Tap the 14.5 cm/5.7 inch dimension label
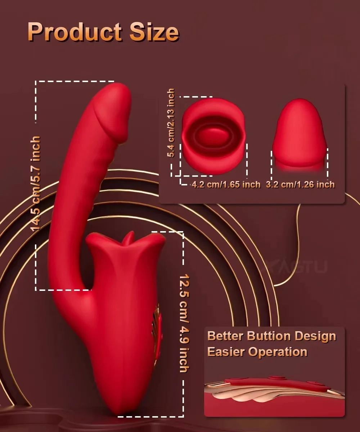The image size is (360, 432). tap(36, 184)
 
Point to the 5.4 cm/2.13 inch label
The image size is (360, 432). tap(170, 123)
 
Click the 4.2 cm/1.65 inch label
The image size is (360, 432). tap(226, 185)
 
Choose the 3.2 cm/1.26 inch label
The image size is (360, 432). tap(300, 185)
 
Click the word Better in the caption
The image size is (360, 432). tap(225, 336)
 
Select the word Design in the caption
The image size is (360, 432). tap(315, 336)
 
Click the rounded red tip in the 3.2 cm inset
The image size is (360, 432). tap(300, 112)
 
